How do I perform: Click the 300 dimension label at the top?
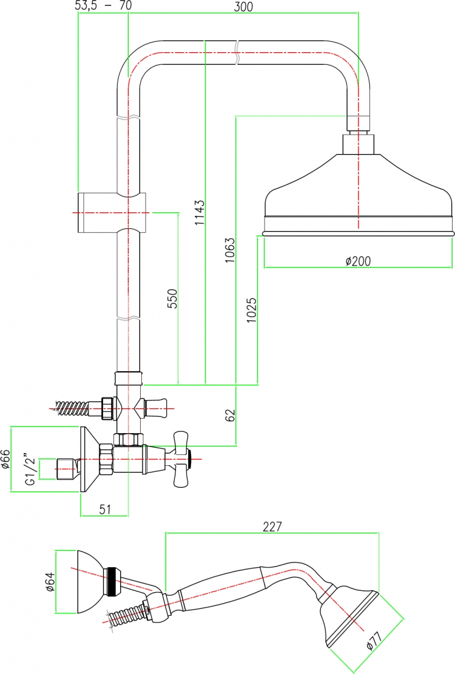coord(244,7)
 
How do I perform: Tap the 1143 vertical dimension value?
coord(200,212)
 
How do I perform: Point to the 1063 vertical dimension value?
coord(231,250)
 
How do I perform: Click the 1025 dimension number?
coord(251,311)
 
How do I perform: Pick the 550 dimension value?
coord(172,298)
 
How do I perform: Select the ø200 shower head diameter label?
coord(358,260)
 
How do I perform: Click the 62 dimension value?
coord(231,415)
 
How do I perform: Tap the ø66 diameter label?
coord(5,459)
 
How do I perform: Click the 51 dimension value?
coord(105,509)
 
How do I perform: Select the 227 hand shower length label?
coord(272,526)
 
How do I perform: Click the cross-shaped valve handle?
coord(181,459)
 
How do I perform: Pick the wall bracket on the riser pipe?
coord(112,213)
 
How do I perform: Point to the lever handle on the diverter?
coord(155,408)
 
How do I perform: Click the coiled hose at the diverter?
coord(79,406)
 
